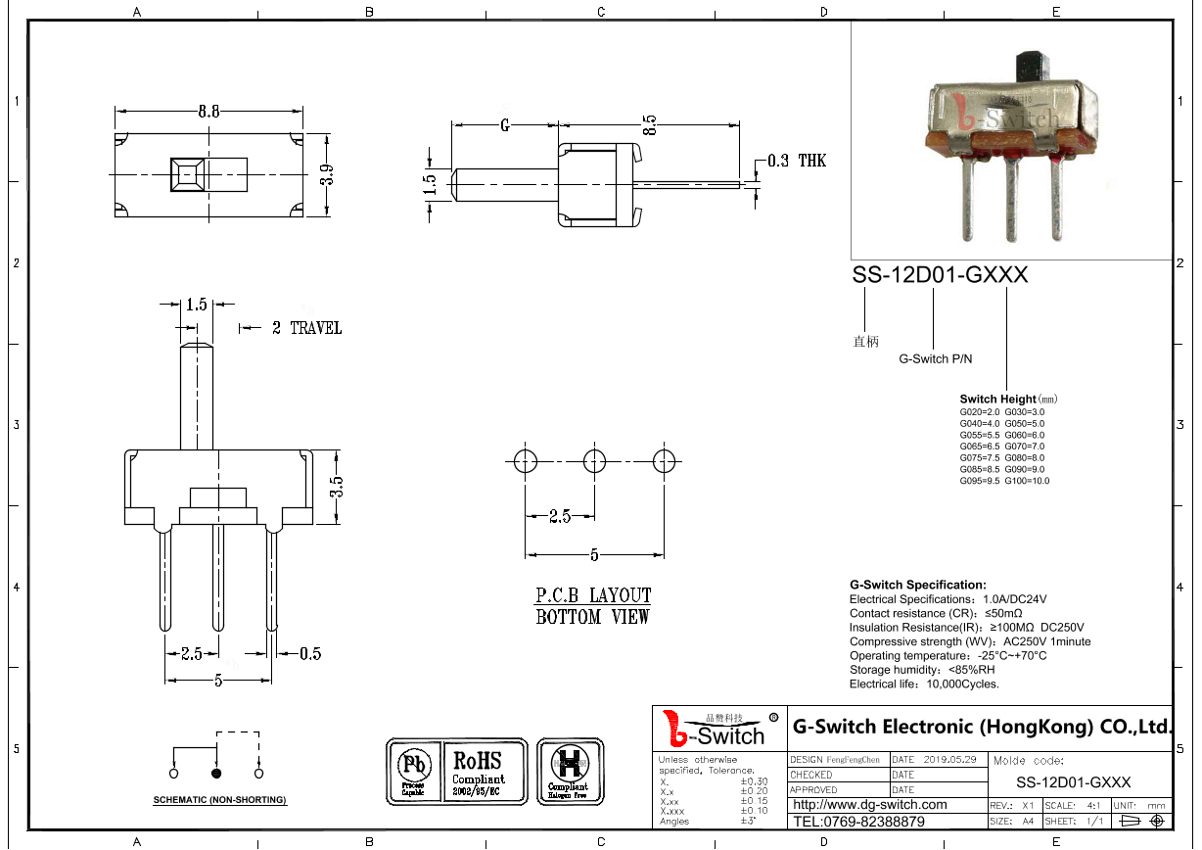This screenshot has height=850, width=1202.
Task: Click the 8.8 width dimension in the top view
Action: click(x=208, y=111)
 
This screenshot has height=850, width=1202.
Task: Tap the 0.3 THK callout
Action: click(x=796, y=161)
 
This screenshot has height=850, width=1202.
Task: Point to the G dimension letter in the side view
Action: click(x=505, y=125)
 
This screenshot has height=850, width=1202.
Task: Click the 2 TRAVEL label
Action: click(x=306, y=328)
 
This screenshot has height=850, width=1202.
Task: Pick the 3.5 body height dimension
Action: click(x=336, y=487)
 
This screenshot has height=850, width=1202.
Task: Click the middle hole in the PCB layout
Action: click(x=594, y=460)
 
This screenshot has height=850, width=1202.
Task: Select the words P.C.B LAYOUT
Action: click(x=593, y=595)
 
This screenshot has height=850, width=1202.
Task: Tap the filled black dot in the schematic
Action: click(x=216, y=774)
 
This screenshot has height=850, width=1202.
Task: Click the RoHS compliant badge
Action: click(x=478, y=772)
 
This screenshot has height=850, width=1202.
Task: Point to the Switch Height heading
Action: click(x=997, y=399)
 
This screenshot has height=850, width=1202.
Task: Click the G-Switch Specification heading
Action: click(x=917, y=585)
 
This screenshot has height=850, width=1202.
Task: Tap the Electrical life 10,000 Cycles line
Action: click(x=924, y=684)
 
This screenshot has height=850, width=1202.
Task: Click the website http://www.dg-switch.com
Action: click(x=869, y=805)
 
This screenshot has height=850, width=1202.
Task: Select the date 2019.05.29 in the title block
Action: click(x=949, y=760)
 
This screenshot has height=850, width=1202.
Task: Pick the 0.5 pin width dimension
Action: click(x=309, y=654)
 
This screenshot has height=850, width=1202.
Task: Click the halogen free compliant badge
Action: click(x=568, y=772)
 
